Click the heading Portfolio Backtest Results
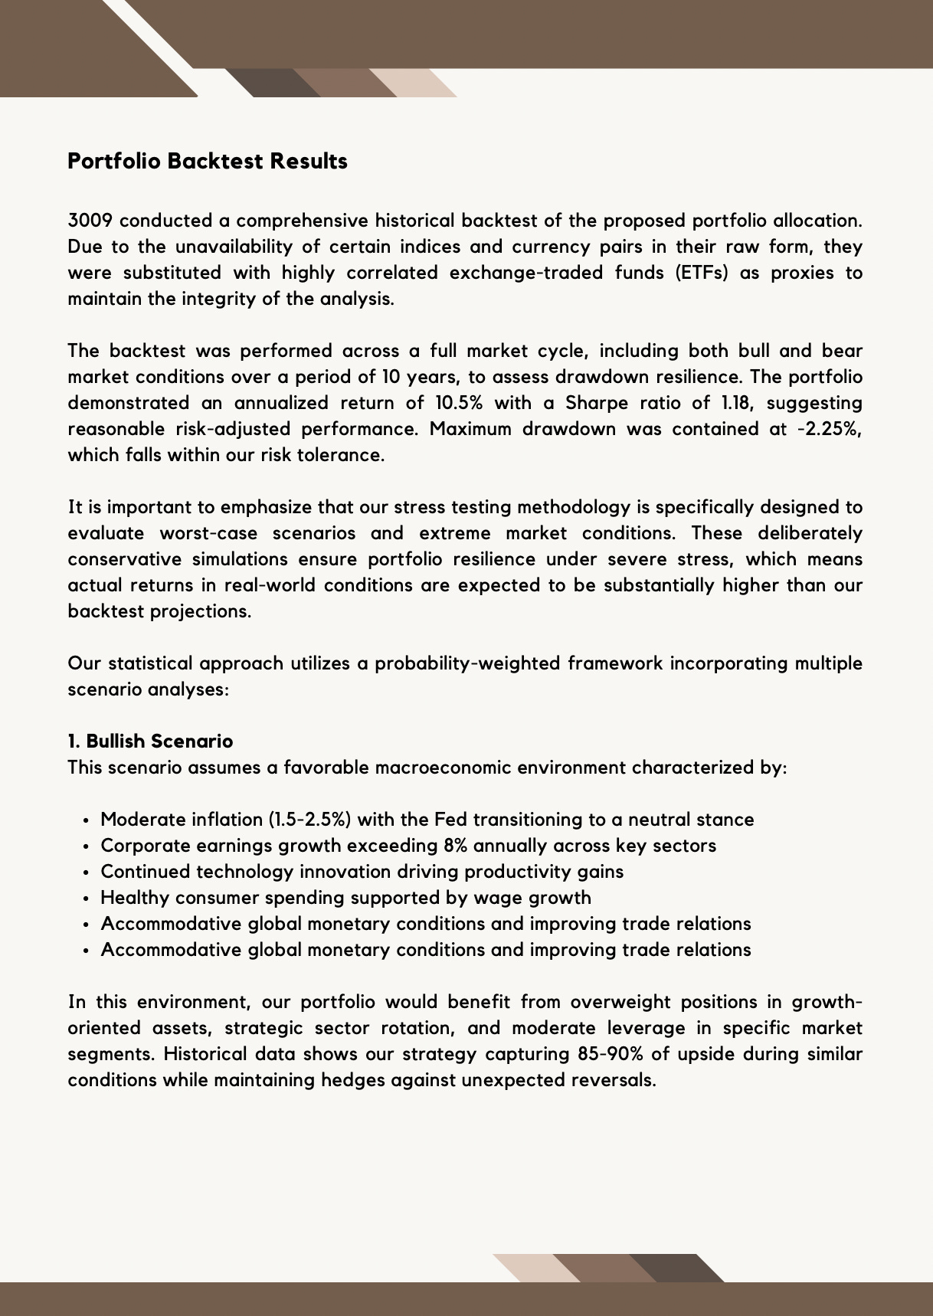pos(208,162)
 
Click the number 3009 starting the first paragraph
pos(90,221)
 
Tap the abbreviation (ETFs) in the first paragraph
pos(702,273)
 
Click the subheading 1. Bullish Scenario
pos(150,741)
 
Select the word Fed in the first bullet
pos(450,820)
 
